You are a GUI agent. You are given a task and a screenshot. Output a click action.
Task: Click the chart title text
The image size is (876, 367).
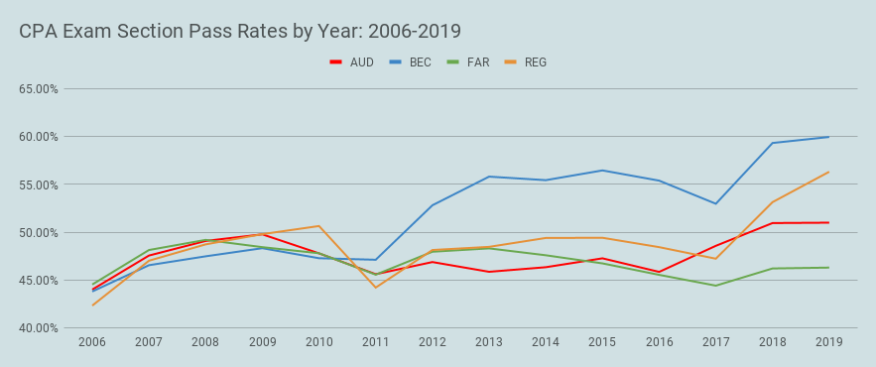pos(240,32)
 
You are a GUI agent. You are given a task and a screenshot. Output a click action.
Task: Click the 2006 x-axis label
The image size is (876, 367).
pos(93,342)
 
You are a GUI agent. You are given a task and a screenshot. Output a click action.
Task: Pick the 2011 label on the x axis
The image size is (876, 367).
pos(376,342)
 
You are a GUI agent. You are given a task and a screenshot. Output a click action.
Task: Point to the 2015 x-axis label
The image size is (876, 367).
pos(602,342)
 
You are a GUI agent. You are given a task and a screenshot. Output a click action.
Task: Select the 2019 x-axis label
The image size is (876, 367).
pos(828,342)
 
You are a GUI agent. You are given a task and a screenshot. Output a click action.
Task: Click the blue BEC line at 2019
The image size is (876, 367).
pos(828,137)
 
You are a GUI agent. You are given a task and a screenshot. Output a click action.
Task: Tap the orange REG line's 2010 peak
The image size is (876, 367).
pos(319,226)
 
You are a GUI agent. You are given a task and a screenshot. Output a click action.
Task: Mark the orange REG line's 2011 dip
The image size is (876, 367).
pos(376,288)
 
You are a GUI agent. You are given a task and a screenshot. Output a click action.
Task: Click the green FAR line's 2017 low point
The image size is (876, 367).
pos(715,286)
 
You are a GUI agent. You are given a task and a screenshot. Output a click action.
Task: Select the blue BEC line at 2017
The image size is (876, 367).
pos(715,203)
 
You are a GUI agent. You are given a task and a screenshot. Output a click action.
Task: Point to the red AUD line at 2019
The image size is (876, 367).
pos(828,222)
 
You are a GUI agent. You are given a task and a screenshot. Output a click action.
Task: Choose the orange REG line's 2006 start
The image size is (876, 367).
pos(93,305)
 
